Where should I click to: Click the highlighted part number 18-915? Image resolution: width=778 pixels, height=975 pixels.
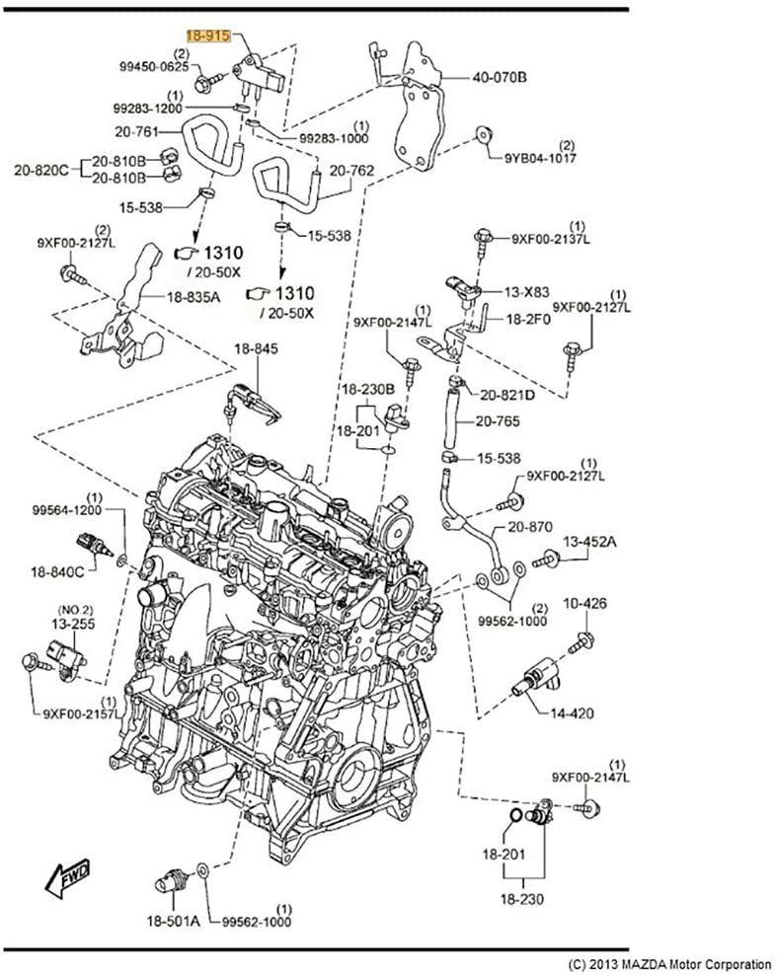click(x=208, y=36)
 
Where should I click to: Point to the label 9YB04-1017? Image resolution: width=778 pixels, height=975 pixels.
click(x=542, y=157)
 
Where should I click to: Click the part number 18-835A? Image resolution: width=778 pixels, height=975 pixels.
click(x=193, y=295)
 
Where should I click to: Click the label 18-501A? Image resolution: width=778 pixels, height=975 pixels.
click(x=173, y=921)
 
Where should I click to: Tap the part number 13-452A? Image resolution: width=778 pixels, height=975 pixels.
click(x=589, y=542)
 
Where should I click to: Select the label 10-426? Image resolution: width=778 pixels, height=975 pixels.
click(x=584, y=603)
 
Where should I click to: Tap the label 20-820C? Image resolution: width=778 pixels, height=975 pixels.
click(x=40, y=169)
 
